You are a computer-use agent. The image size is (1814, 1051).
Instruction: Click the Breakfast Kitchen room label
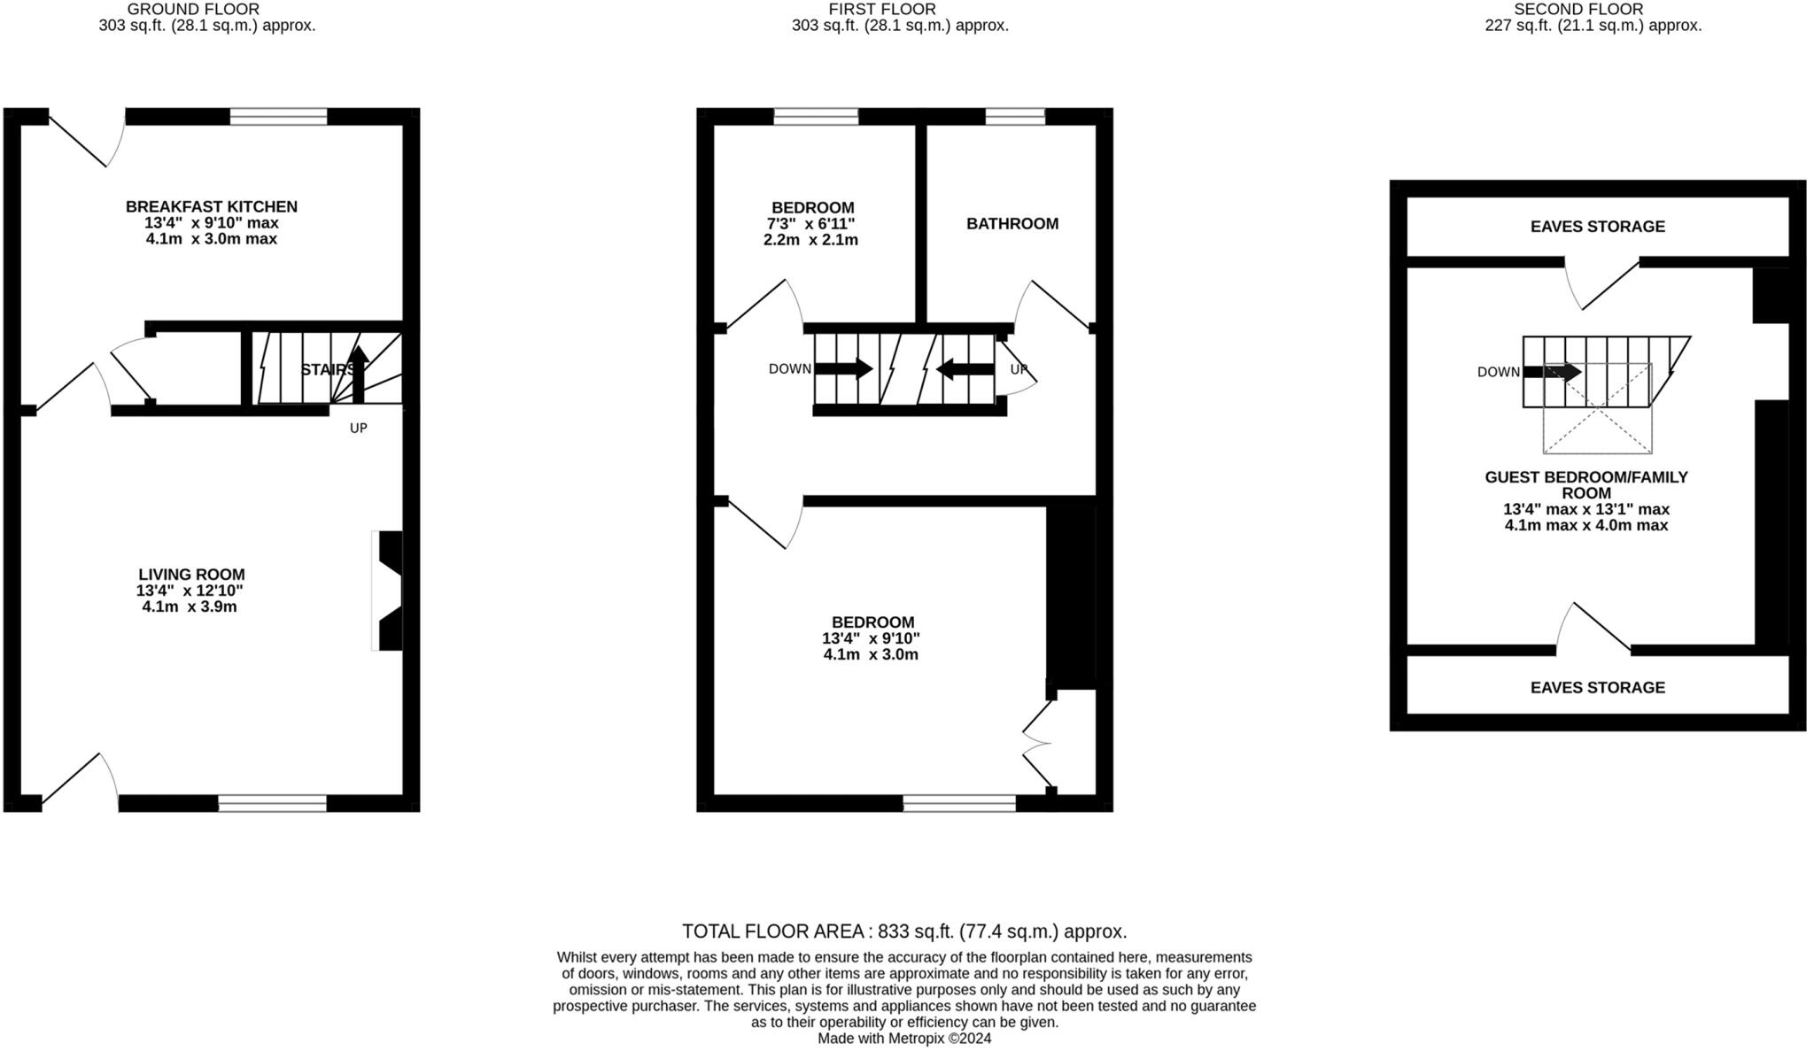click(x=212, y=206)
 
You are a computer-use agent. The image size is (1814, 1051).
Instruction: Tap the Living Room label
click(x=191, y=575)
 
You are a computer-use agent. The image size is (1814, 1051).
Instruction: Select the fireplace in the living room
click(x=387, y=591)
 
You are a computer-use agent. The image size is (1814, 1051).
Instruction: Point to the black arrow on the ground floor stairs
click(x=358, y=374)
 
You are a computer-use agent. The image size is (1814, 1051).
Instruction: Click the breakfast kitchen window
click(x=278, y=117)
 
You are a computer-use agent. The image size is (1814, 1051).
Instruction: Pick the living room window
click(x=272, y=803)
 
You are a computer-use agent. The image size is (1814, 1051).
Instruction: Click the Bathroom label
click(x=1012, y=224)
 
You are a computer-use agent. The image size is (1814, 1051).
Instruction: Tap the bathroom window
click(x=1015, y=117)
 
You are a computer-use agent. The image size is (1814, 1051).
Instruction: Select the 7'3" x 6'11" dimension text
click(x=810, y=224)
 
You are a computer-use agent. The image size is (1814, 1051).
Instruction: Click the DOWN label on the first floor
click(x=790, y=369)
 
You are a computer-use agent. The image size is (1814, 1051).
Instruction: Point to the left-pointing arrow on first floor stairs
click(x=965, y=368)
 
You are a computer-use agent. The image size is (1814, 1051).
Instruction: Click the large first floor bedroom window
click(x=959, y=803)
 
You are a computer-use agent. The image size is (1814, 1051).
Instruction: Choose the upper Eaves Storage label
click(x=1598, y=227)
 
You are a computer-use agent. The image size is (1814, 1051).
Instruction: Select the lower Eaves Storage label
click(x=1598, y=688)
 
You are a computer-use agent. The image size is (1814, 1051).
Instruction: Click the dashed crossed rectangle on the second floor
click(x=1598, y=408)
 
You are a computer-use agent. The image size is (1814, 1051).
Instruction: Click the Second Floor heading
click(x=1579, y=9)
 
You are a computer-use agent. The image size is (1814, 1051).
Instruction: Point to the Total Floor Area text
click(x=904, y=931)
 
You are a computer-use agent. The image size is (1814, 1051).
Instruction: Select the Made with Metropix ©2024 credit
click(x=904, y=1039)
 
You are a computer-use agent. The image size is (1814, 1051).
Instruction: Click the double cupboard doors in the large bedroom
click(x=1038, y=744)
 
